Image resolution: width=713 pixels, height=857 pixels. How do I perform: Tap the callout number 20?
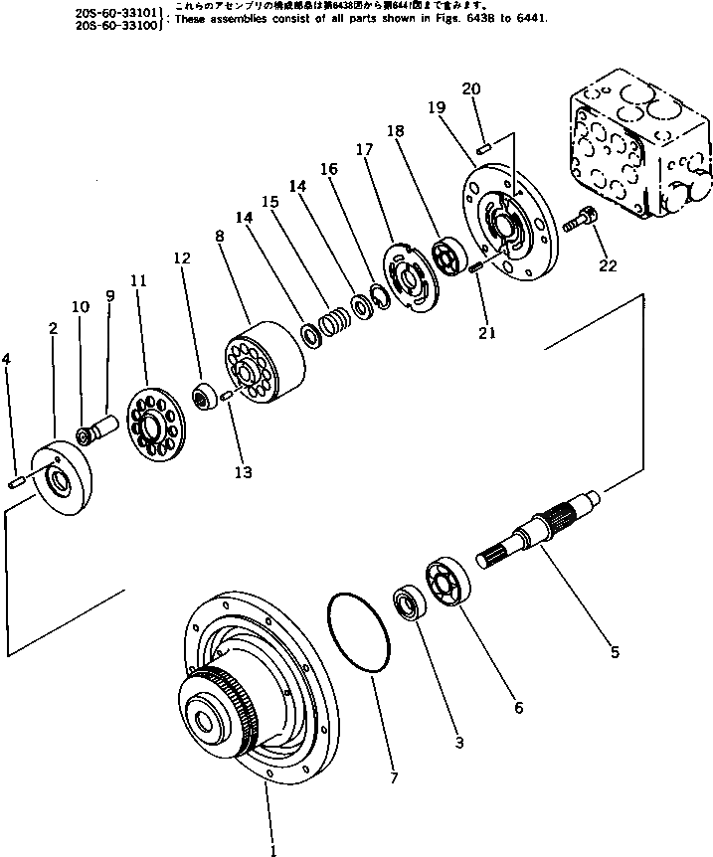pos(472,89)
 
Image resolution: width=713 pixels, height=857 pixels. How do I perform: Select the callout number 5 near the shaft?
pos(614,652)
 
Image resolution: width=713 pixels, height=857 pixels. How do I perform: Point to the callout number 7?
pos(394,776)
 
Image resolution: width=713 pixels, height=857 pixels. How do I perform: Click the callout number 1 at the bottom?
pos(272,850)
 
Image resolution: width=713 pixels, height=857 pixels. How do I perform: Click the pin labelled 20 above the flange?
pos(485,150)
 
